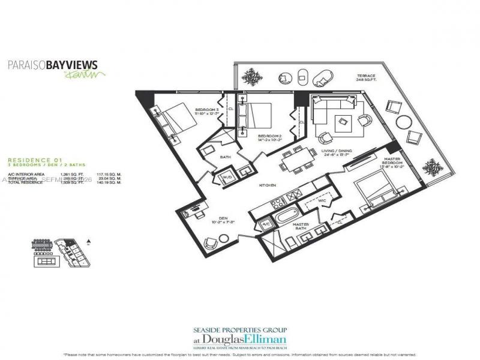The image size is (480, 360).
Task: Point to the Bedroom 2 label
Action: coord(270,138)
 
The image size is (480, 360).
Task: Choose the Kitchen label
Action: coord(268,185)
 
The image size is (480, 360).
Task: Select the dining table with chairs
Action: coord(298,161)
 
